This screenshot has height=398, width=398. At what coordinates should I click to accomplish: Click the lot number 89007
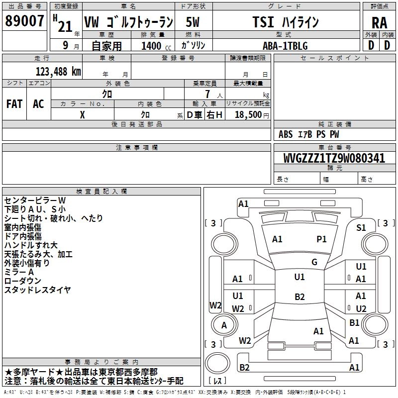click(x=24, y=21)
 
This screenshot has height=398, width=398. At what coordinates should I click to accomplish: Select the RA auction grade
click(x=379, y=22)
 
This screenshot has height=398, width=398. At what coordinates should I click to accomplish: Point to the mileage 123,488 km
click(x=58, y=71)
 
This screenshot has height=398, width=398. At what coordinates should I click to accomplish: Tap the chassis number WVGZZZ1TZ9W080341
click(x=334, y=158)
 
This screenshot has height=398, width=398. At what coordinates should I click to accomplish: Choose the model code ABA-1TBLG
click(x=285, y=46)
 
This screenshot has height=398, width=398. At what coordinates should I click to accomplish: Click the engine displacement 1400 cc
click(x=152, y=46)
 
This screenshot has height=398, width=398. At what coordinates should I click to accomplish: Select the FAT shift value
click(x=14, y=104)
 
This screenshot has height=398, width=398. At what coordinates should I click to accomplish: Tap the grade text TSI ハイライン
click(x=286, y=22)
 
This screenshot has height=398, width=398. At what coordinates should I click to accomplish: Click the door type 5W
click(x=193, y=22)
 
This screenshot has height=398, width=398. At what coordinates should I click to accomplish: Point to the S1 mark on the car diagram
click(x=361, y=227)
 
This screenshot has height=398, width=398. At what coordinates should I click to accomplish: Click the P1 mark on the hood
click(x=322, y=239)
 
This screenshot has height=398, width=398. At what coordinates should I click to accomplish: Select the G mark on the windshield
click(x=314, y=262)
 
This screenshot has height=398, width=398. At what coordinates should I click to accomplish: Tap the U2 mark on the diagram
click(x=361, y=309)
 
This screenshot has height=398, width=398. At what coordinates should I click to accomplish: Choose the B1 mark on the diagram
click(x=354, y=323)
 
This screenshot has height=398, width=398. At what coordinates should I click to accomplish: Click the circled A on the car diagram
click(x=224, y=325)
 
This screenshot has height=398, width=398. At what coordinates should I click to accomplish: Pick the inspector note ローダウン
click(x=22, y=281)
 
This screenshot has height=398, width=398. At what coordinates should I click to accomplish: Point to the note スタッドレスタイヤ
click(x=37, y=290)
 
